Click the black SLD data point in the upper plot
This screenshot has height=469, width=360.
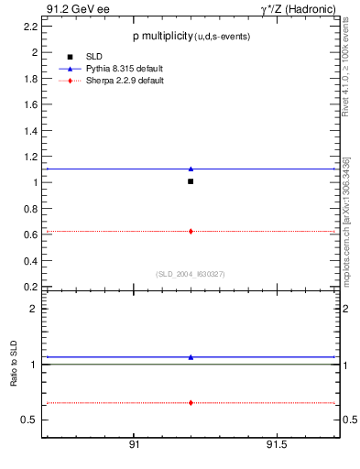[191, 181]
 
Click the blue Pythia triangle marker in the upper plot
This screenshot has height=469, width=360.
[191, 169]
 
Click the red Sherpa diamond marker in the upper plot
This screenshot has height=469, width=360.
[191, 231]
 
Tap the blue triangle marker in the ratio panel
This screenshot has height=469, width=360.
[191, 357]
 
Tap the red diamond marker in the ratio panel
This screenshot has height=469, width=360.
[191, 402]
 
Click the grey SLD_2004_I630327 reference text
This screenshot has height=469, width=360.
[190, 273]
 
